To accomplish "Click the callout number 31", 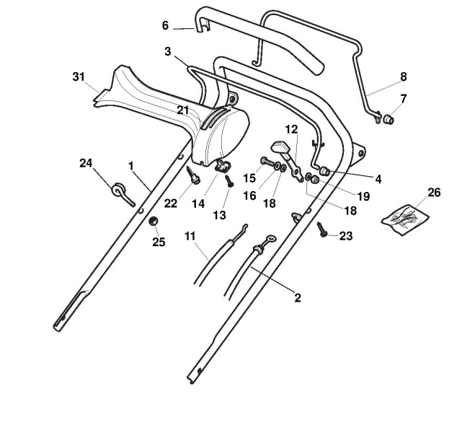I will click(79, 76).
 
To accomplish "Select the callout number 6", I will click(165, 26).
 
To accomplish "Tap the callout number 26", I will click(434, 193).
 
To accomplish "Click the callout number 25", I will click(159, 242).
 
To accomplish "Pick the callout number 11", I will click(190, 237).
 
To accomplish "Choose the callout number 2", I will click(297, 297).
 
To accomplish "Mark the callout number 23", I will click(346, 236).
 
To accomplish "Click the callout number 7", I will click(403, 99).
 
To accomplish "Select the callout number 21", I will click(183, 110).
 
